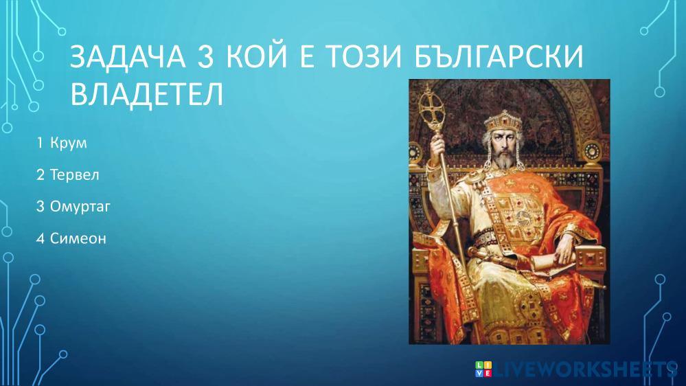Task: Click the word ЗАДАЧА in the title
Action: [x=128, y=57]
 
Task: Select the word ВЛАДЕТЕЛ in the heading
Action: [x=147, y=94]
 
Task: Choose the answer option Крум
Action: [x=68, y=143]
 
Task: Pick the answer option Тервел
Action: [x=74, y=174]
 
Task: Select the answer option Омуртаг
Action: [x=80, y=207]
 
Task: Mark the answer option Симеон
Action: [x=78, y=238]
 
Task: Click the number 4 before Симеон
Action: [x=41, y=238]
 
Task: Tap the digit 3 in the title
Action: [x=205, y=57]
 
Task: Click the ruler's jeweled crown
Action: [x=503, y=122]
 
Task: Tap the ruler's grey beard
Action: [x=504, y=160]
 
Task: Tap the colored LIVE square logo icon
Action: [x=483, y=369]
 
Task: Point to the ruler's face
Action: [x=503, y=144]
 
